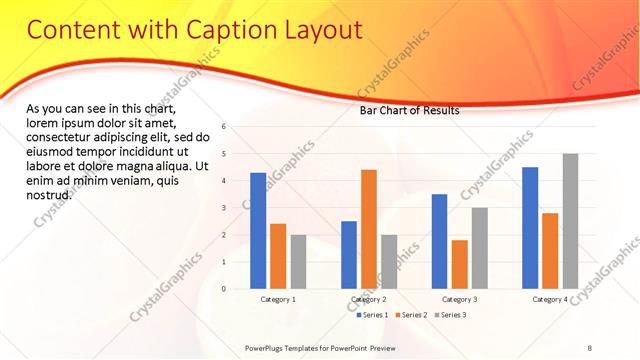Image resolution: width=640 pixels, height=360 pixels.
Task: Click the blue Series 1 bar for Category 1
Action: pos(258,231)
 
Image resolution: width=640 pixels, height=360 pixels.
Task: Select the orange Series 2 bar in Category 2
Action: pos(369,229)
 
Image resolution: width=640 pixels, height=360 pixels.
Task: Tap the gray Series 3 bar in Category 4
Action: pos(570,221)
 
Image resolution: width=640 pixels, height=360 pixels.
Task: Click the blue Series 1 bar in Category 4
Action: pos(530,228)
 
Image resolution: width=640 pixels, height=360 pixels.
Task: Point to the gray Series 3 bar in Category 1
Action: pos(299,262)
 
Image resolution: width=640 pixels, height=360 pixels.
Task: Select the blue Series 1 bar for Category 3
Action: pos(439,241)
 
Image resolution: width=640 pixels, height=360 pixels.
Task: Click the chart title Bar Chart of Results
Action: pos(409,111)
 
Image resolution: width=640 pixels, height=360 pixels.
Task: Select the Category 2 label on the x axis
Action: pos(369,299)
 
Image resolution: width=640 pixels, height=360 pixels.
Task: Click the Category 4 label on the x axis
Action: pos(550,299)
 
